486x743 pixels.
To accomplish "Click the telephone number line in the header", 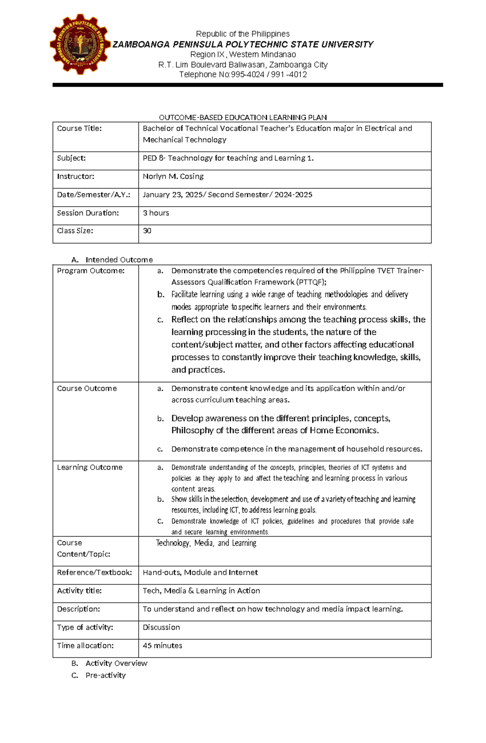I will [x=243, y=75].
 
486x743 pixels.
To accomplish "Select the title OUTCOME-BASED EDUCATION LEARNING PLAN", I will [x=243, y=117].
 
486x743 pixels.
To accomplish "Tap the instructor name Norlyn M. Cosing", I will [x=173, y=177].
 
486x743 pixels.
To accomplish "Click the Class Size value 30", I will [x=147, y=231].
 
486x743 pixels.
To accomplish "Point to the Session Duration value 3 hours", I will [x=156, y=213].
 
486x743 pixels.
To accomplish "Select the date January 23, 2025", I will [x=173, y=195].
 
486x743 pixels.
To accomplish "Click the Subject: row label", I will [x=71, y=158].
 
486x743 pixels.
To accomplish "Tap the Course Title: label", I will [x=79, y=128].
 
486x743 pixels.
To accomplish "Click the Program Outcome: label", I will [x=91, y=270].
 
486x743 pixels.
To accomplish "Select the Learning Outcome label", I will [x=90, y=467].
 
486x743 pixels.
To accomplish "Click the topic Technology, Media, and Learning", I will [x=206, y=543].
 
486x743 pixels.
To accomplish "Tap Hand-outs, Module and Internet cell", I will [x=200, y=573].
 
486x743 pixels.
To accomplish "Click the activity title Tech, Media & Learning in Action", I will [x=201, y=591].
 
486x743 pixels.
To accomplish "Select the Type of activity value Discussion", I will [x=161, y=627].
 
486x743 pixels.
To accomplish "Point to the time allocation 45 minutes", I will [x=162, y=645].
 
